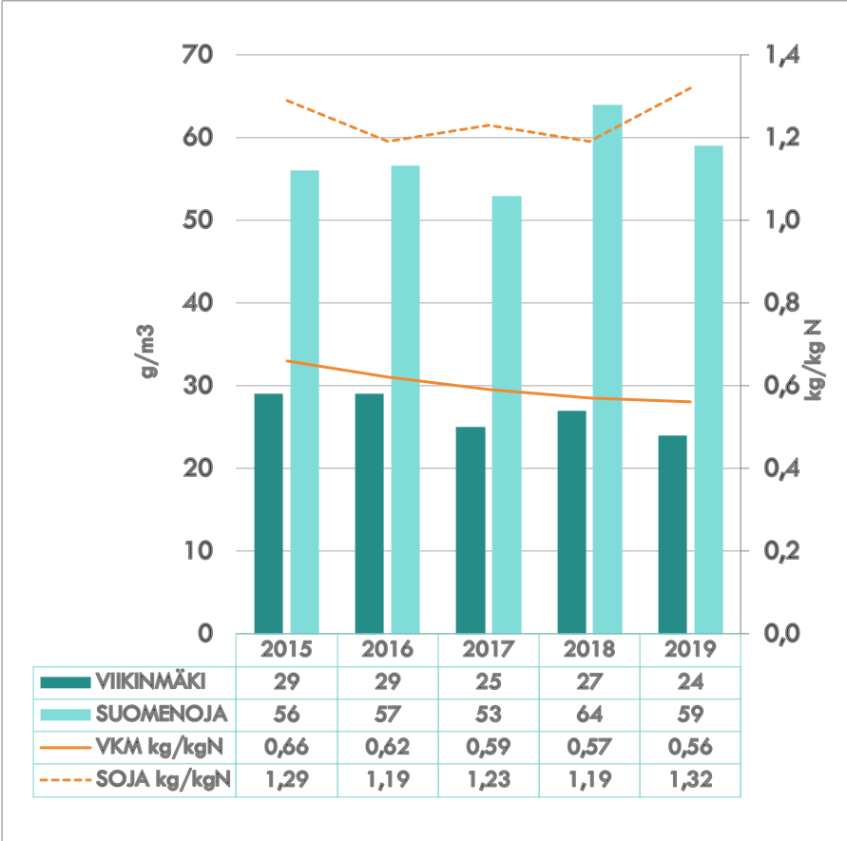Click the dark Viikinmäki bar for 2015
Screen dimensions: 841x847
[269, 513]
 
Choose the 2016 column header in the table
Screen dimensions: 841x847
[388, 650]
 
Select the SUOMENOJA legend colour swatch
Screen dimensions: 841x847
[67, 715]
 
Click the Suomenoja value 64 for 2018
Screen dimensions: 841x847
[589, 715]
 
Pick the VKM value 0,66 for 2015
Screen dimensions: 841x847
[287, 748]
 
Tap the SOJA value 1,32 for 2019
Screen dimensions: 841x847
[690, 781]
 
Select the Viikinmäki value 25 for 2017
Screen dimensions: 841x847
[489, 681]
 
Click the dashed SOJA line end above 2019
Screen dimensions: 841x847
[690, 88]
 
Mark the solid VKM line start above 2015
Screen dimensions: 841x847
[287, 361]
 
